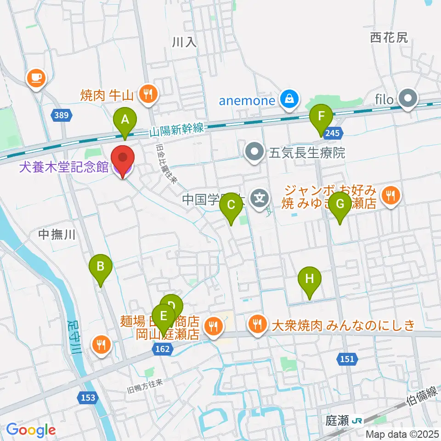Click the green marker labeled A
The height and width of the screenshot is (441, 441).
[124, 120]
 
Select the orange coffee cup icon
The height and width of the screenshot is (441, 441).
[36, 77]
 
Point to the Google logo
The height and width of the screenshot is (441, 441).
[31, 430]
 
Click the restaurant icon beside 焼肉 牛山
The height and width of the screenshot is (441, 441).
[148, 95]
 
